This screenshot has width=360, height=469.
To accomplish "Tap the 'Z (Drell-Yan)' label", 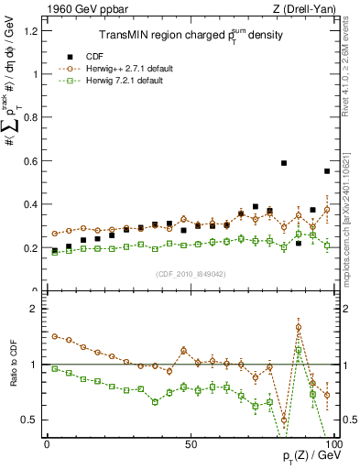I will pyautogui.click(x=301, y=10).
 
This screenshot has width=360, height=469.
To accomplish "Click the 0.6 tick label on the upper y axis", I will pyautogui.click(x=32, y=161).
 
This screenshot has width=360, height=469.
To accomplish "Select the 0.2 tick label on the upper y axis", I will pyautogui.click(x=32, y=248).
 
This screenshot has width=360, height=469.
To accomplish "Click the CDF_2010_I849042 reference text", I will pyautogui.click(x=190, y=274).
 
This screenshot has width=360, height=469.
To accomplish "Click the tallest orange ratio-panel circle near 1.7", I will pyautogui.click(x=299, y=327).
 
